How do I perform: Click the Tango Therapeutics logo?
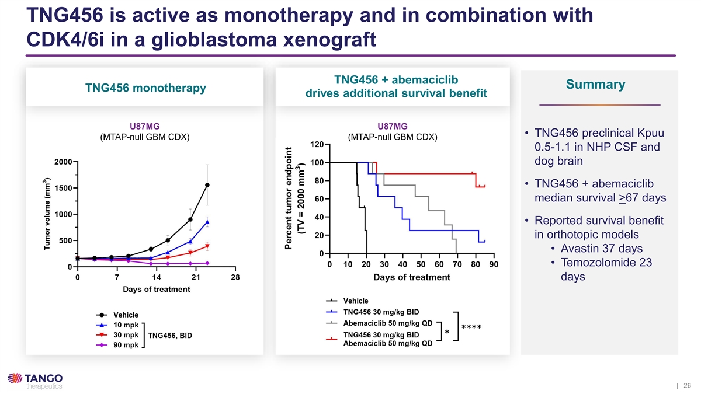point(35,381)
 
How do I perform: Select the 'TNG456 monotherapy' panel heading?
point(145,88)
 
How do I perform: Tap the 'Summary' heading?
point(595,85)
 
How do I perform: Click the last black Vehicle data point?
point(207,185)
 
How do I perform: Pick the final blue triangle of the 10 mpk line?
point(207,222)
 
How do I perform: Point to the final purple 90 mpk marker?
point(207,263)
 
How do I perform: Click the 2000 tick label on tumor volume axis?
point(63,162)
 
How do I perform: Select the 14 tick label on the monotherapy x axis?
point(157,277)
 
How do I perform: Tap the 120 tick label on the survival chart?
point(317,145)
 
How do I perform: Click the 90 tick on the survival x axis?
point(494,264)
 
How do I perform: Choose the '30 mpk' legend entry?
point(126,335)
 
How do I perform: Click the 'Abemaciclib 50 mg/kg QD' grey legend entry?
point(388,323)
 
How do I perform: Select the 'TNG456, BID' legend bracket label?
point(170,336)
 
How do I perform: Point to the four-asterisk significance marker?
point(471,328)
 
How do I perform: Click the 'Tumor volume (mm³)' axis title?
point(47,214)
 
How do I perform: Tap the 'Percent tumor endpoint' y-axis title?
point(288,198)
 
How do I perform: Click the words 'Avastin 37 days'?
point(602,248)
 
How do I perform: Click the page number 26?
point(687,386)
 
